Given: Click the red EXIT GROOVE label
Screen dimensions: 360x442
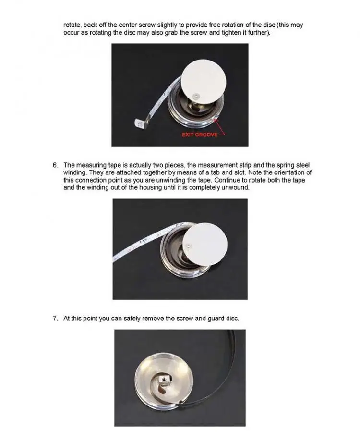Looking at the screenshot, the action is (x=200, y=135).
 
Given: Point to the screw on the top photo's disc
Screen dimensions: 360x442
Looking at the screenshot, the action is (x=196, y=96).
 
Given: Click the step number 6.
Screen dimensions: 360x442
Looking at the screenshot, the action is (x=55, y=165).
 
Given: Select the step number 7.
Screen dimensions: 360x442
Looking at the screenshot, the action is (x=55, y=319).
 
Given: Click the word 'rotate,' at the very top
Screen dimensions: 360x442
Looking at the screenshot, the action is (x=72, y=25).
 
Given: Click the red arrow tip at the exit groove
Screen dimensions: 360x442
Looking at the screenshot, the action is (x=215, y=119).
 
